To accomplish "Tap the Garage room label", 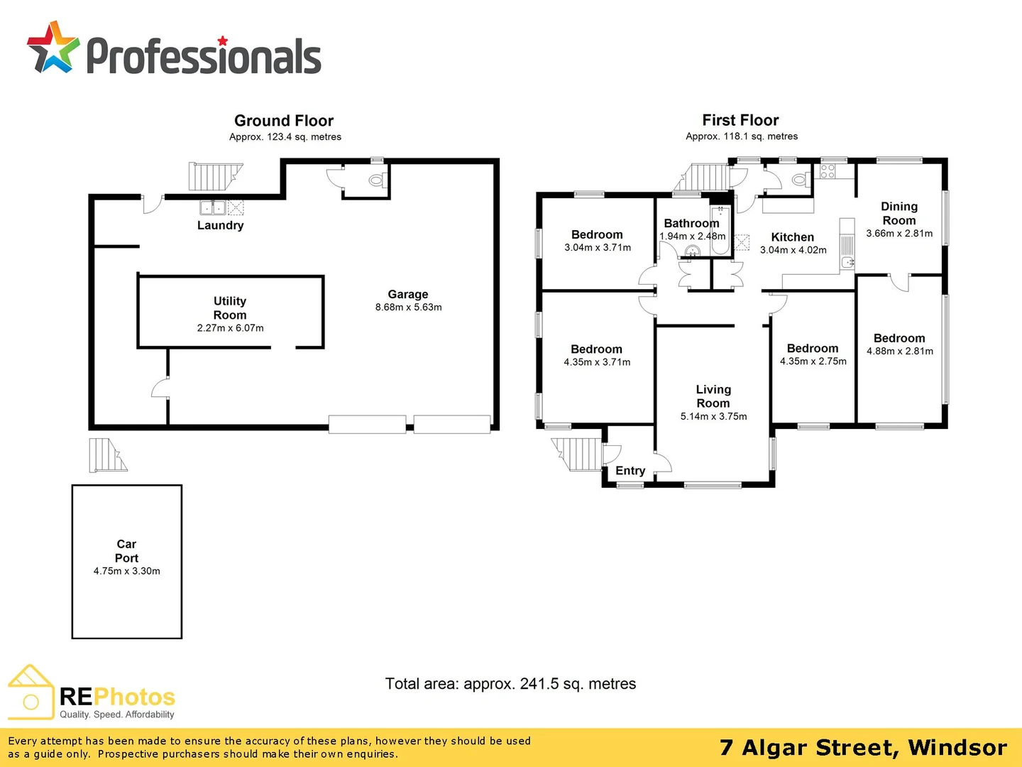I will tap(408, 294).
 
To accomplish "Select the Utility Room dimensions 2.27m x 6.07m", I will tap(230, 328).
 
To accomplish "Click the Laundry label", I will tap(220, 225).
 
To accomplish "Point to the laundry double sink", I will tap(213, 207).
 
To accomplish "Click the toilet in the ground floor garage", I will tap(376, 180).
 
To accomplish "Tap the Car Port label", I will tap(126, 551).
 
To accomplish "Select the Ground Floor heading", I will tap(284, 121).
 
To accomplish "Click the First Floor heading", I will tap(740, 120).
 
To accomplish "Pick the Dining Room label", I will tap(899, 213).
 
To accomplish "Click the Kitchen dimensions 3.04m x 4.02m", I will tap(793, 250).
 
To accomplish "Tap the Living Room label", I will tap(713, 396).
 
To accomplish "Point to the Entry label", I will tap(630, 470).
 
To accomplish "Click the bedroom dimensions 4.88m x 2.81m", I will tap(899, 351).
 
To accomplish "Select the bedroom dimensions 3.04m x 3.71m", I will tap(597, 247).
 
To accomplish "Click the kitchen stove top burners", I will tap(828, 171).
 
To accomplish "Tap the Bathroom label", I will tap(691, 223).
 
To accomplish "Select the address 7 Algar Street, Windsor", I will tap(863, 747).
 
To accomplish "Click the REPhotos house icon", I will tap(31, 692).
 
